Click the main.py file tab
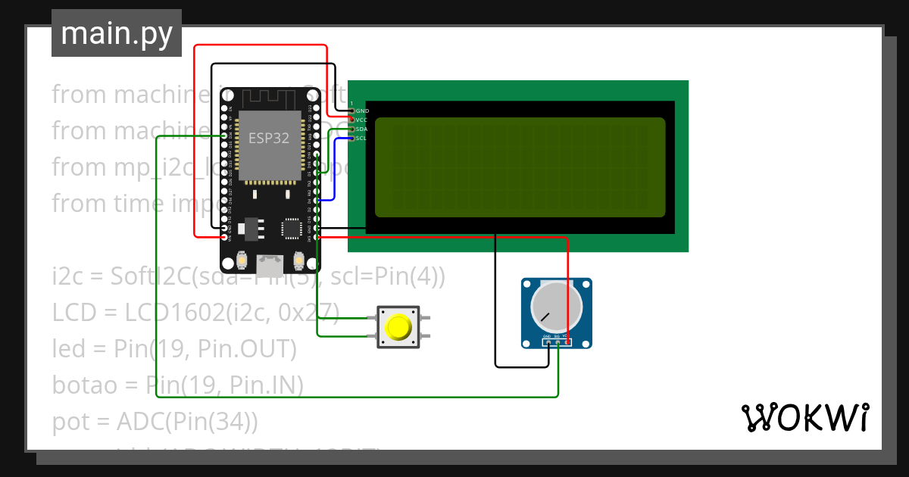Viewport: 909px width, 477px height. [116, 33]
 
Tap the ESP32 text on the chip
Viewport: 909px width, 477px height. [269, 139]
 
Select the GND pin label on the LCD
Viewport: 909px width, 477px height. [362, 111]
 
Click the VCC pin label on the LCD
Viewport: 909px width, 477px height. [362, 120]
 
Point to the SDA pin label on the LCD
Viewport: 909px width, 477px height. [362, 129]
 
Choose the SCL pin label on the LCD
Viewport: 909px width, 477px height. [362, 139]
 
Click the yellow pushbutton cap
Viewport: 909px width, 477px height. [398, 327]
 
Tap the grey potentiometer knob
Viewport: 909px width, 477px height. [556, 307]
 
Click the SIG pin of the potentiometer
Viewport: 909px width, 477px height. [558, 342]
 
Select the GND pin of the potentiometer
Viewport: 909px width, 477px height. [548, 342]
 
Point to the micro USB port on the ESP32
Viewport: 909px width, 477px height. [269, 264]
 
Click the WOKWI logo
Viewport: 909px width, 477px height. [804, 417]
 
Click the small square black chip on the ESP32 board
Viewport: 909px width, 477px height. [291, 227]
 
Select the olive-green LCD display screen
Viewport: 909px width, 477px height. [520, 167]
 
